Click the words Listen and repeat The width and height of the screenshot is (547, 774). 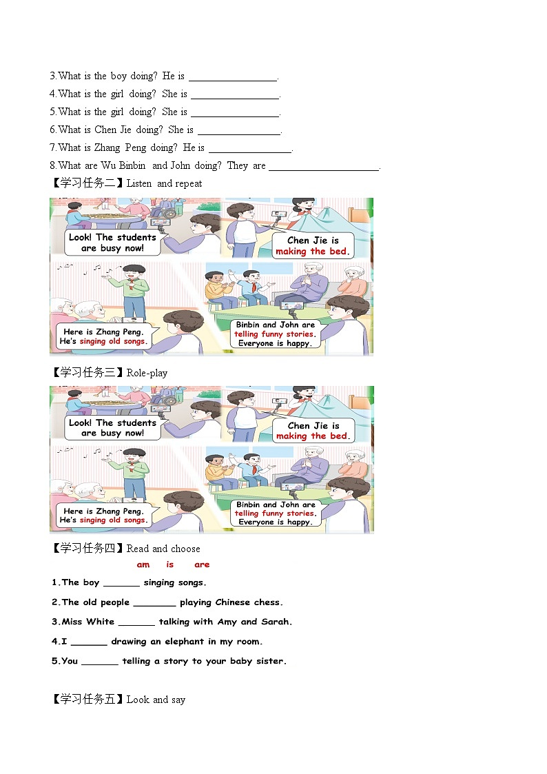coord(165,183)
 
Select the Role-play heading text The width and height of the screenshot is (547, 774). coord(147,373)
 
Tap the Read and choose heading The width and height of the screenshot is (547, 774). coord(163,549)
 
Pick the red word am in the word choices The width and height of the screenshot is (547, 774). coord(143,564)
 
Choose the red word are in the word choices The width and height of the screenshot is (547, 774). coord(202,564)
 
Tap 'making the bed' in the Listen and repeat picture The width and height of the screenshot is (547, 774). coord(312,252)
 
